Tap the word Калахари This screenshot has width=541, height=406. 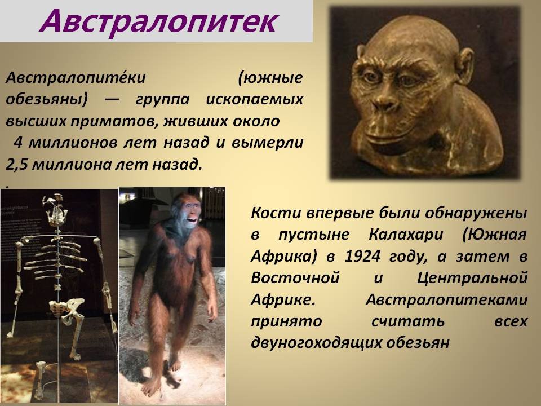point(406,235)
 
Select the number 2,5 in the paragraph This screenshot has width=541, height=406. point(16,165)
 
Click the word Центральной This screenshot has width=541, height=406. point(472,278)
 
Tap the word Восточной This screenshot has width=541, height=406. point(295,278)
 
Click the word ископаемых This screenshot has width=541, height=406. point(255,99)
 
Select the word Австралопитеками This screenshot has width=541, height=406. point(446,299)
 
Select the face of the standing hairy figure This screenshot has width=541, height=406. point(188,211)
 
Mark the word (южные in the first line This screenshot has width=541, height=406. point(270,78)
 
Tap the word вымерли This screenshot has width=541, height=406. point(267,143)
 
